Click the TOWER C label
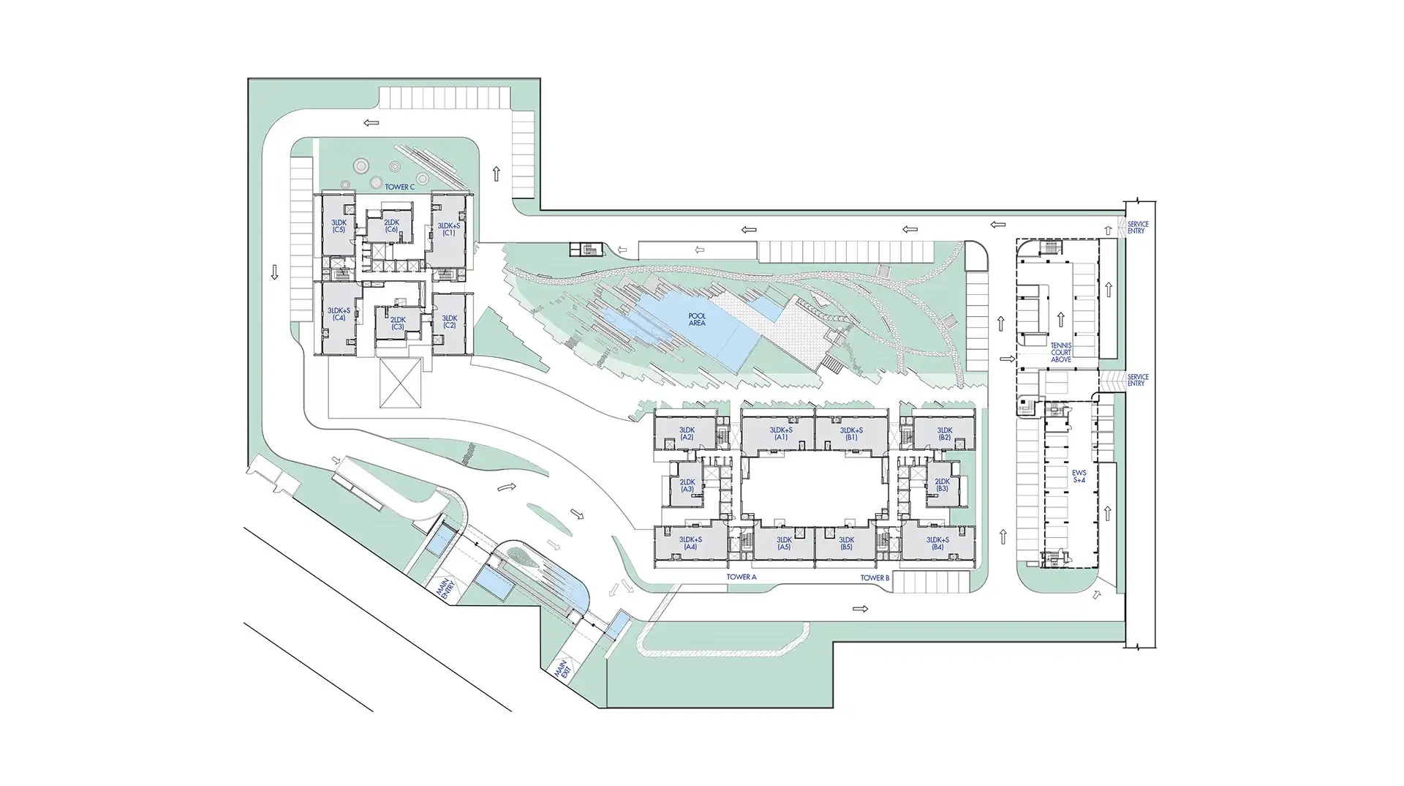click(399, 187)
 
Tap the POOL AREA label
click(697, 320)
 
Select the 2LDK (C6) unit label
click(391, 226)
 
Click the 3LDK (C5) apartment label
click(338, 226)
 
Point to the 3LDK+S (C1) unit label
click(448, 229)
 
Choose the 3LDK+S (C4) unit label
click(339, 315)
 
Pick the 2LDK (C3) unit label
click(397, 323)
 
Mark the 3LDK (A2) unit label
click(686, 434)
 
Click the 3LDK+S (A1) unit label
click(781, 434)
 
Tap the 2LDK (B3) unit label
click(941, 485)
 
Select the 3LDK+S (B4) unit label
click(937, 543)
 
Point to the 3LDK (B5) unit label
click(846, 544)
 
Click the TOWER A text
click(741, 577)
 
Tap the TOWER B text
click(875, 578)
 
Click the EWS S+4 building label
click(1079, 476)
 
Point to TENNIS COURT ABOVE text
click(1060, 352)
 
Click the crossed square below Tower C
click(401, 383)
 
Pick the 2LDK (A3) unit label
click(687, 486)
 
